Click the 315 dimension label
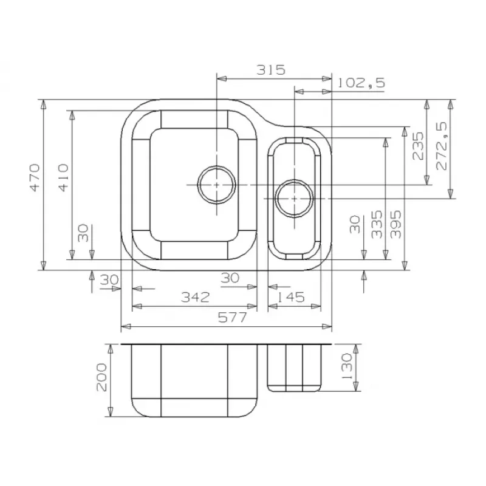point(270,70)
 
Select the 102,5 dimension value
point(361,83)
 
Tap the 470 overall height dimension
point(35,177)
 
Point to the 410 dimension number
point(63,177)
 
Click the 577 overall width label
point(233,317)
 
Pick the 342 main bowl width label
point(195,297)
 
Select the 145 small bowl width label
point(290,297)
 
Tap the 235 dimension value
point(418,146)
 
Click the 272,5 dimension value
point(442,146)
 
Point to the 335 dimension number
point(377,224)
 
